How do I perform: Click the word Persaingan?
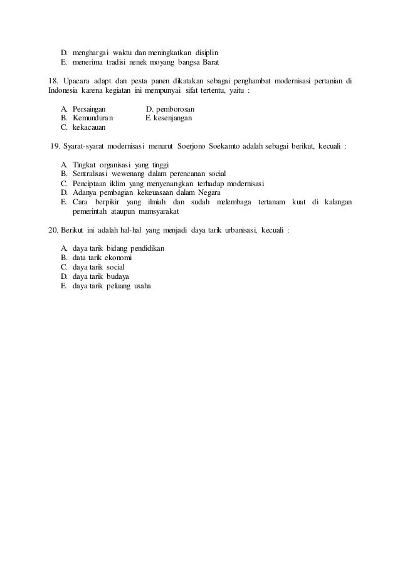tap(89, 108)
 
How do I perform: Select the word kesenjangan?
tap(173, 117)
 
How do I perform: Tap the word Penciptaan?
tap(90, 183)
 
